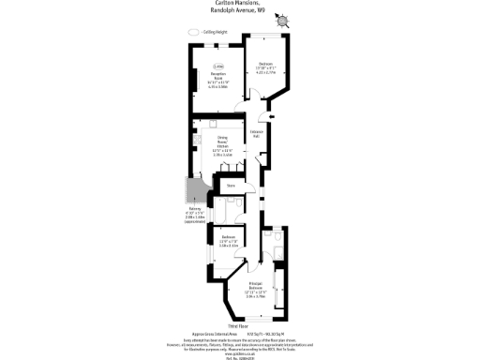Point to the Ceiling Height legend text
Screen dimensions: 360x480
(214, 32)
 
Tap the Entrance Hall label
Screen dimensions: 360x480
(255, 135)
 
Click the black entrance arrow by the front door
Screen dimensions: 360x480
(273, 117)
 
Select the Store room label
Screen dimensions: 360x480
(231, 186)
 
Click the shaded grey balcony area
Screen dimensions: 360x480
(191, 192)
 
